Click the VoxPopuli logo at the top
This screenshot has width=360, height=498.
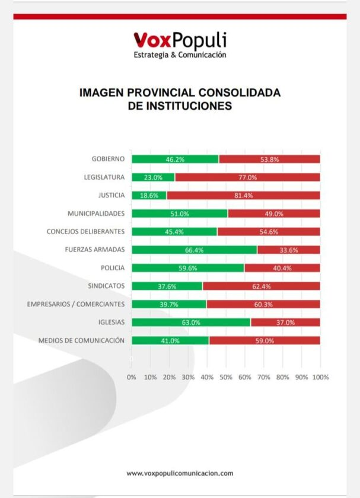(179, 40)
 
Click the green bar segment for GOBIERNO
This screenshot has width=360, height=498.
(175, 159)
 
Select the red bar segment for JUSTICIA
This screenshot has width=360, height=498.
(243, 195)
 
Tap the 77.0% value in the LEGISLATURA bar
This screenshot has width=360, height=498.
(247, 177)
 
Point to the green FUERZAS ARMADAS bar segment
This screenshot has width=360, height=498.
(194, 250)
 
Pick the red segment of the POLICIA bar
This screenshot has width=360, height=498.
(282, 268)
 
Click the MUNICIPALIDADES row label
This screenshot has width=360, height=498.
(96, 213)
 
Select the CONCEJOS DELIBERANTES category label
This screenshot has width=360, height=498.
(85, 231)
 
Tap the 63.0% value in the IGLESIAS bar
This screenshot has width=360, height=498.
(190, 323)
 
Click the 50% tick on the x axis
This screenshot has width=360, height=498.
(226, 377)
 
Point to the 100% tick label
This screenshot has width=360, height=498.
(320, 377)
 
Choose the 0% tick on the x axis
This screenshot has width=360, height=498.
(132, 377)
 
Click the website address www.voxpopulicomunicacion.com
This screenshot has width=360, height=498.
(180, 473)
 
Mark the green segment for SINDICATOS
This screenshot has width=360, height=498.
(167, 286)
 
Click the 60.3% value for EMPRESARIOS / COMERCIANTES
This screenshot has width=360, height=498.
(263, 304)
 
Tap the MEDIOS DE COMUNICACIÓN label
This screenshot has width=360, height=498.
(81, 340)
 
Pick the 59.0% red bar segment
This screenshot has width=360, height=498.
(265, 340)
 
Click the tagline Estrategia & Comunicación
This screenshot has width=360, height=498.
(180, 55)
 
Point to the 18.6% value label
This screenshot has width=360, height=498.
(149, 195)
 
